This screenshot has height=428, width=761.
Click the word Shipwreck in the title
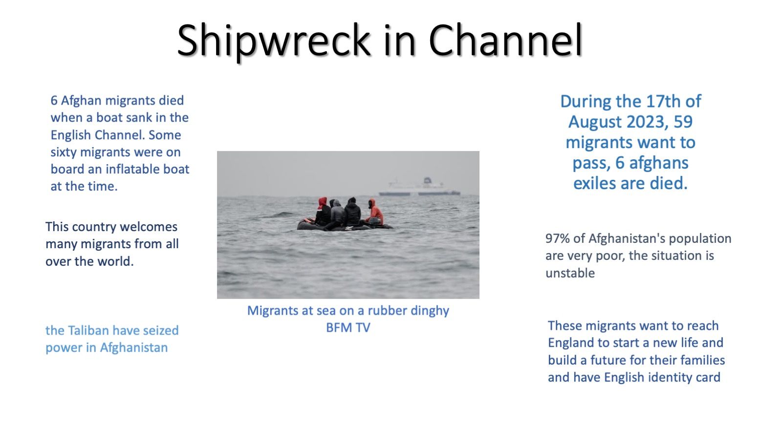pyautogui.click(x=274, y=41)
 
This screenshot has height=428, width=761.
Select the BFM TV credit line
pyautogui.click(x=348, y=327)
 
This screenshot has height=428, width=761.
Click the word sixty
pyautogui.click(x=64, y=152)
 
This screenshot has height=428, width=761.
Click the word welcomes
pyautogui.click(x=149, y=227)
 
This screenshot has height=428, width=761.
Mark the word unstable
pyautogui.click(x=570, y=273)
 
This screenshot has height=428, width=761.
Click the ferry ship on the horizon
pyautogui.click(x=419, y=187)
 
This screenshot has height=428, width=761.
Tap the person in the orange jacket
pyautogui.click(x=375, y=213)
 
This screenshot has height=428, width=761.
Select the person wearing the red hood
pyautogui.click(x=322, y=211)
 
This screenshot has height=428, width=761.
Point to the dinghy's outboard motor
pyautogui.click(x=374, y=222)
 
